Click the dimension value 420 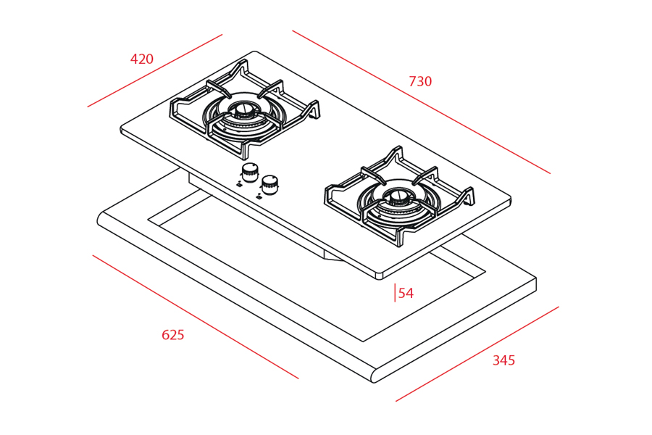142,59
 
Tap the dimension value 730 420,82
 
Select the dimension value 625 172,335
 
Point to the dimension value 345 503,360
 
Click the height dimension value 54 406,294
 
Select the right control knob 269,184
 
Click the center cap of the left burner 242,110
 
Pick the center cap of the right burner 398,195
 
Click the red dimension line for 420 155,70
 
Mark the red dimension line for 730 421,102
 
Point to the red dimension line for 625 196,317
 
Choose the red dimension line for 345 477,354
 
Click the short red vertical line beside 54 395,293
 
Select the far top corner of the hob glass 254,52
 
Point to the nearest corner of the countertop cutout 363,341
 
